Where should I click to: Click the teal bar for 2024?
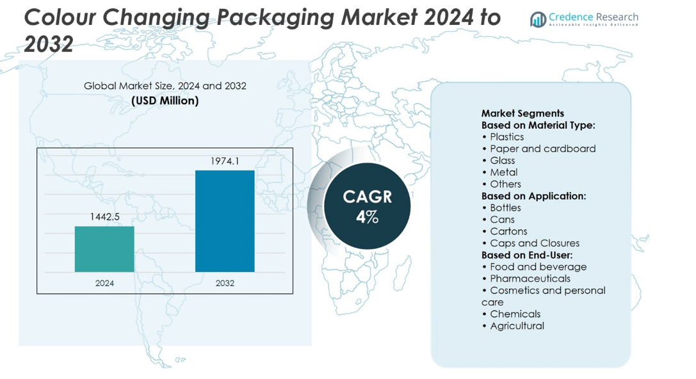[104, 249]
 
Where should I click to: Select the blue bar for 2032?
[225, 221]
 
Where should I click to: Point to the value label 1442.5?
[104, 217]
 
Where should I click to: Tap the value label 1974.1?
[225, 161]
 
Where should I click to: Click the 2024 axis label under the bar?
[104, 283]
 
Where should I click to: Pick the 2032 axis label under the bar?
[225, 283]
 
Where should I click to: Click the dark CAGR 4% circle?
[367, 206]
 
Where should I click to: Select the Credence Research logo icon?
[538, 20]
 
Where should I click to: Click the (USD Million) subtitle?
[165, 101]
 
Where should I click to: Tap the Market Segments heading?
[522, 113]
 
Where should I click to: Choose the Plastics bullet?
[506, 137]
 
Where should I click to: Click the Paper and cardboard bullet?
[542, 149]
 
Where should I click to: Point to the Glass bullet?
[502, 161]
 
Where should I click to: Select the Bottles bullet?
[505, 207]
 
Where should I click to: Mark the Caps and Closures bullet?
[534, 243]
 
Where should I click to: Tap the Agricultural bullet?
[517, 326]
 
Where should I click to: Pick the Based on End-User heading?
[527, 255]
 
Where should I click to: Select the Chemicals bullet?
[515, 314]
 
